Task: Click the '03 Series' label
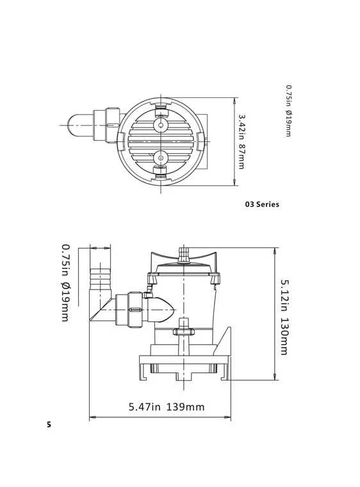tap(262, 204)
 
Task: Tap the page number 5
tap(48, 424)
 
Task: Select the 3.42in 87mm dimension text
tap(241, 142)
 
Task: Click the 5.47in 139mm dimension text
tap(167, 406)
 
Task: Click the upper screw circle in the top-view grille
tap(161, 125)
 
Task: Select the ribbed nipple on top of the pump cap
tap(184, 253)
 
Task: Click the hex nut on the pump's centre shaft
tap(184, 331)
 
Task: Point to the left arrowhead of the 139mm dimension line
tap(91, 418)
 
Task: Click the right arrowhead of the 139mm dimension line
tap(229, 418)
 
